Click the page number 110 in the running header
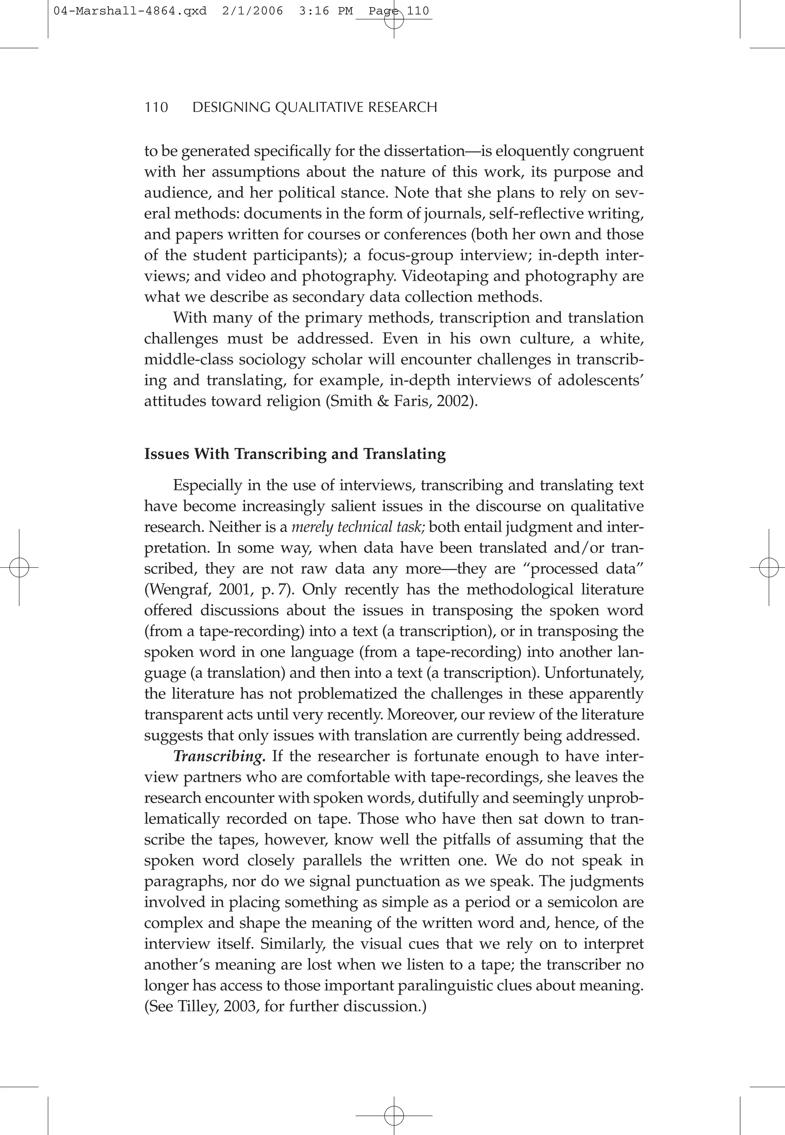coord(156,107)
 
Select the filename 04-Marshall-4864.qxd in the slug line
coord(130,11)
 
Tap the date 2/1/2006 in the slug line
coord(252,11)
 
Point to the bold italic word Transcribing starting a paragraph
coord(219,756)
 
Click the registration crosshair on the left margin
coord(19,568)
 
